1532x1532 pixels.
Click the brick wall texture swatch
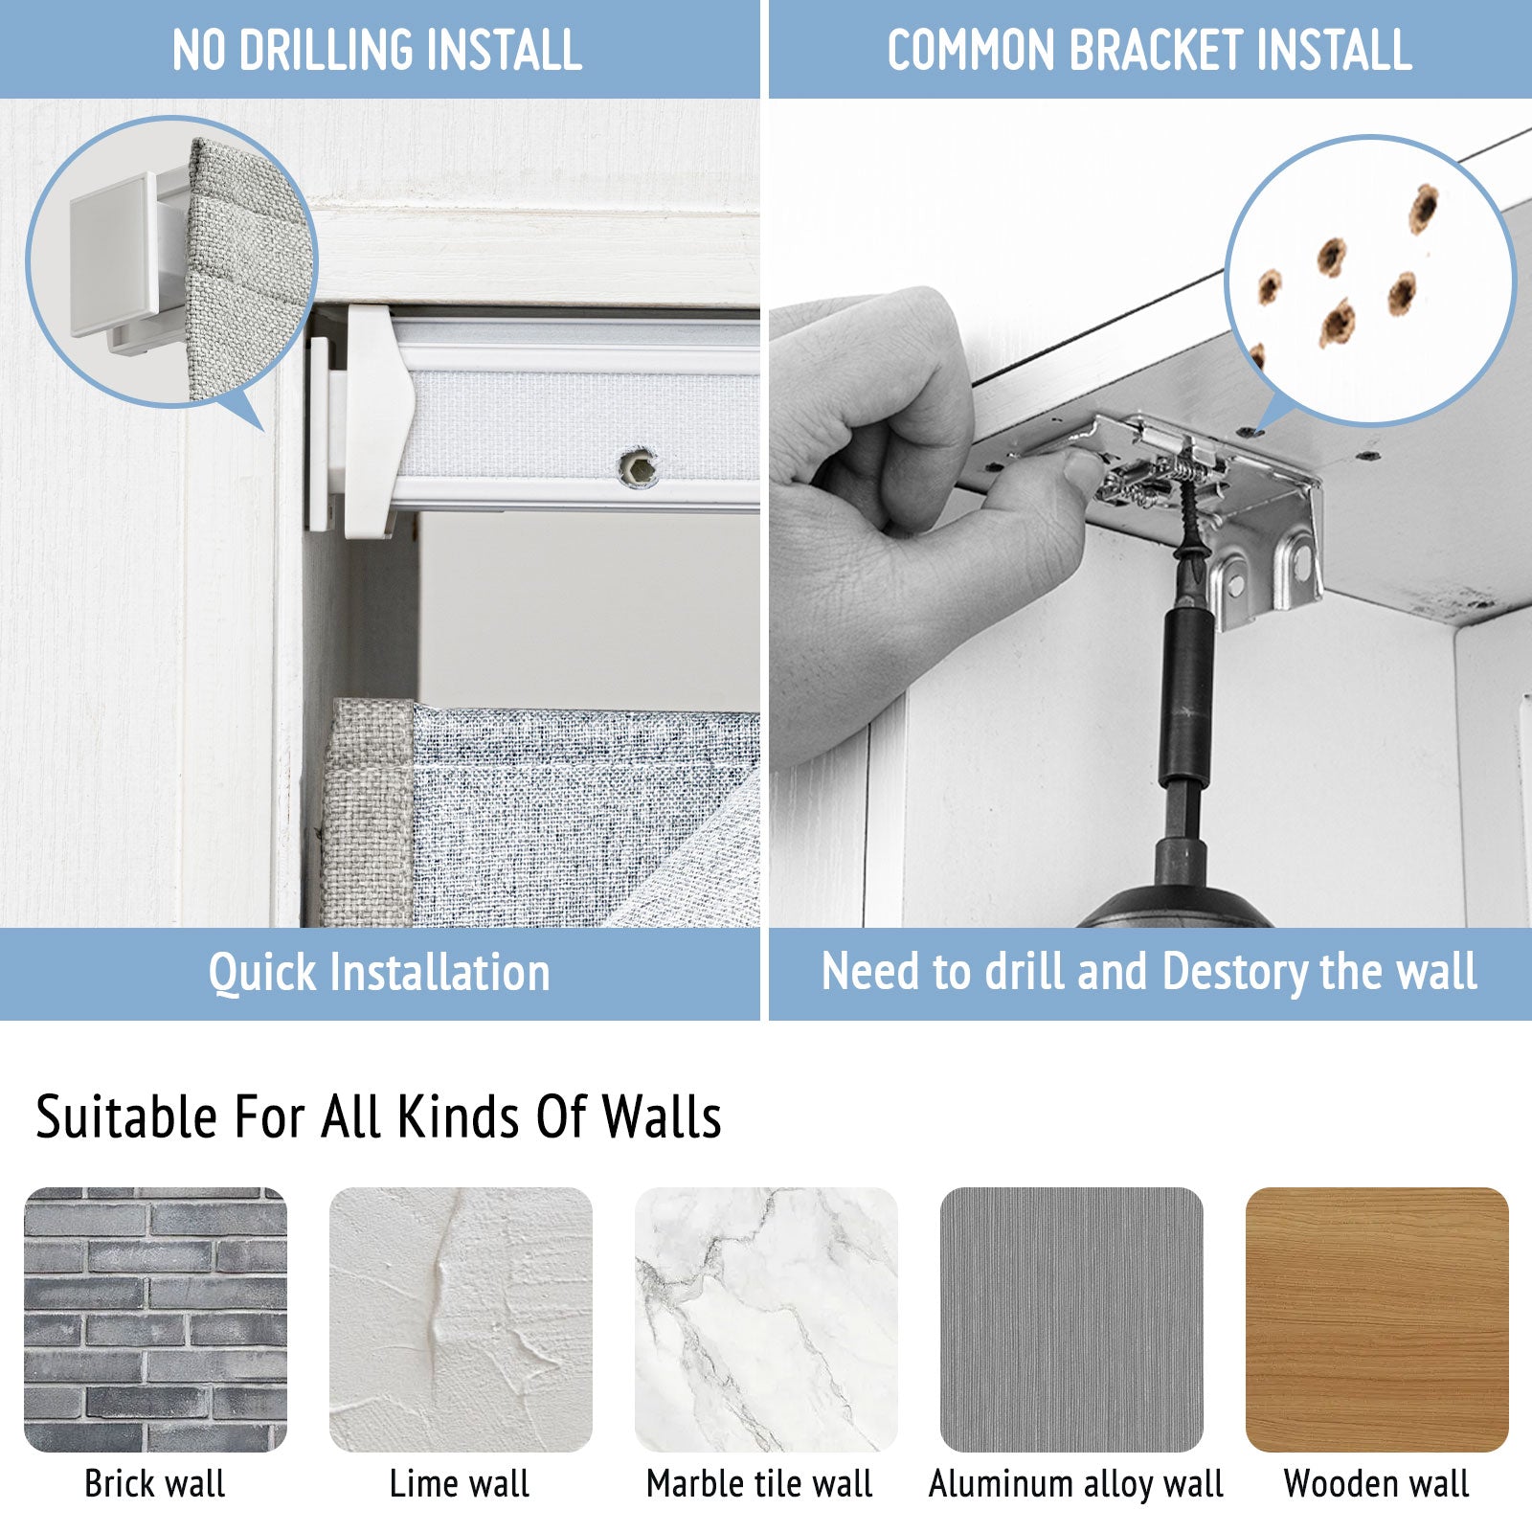(x=155, y=1319)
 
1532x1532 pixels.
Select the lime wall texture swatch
(x=461, y=1319)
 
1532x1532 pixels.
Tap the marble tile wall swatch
(x=766, y=1319)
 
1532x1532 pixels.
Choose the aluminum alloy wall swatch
(x=1071, y=1319)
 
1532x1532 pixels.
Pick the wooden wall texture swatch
(x=1377, y=1319)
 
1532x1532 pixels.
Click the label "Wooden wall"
(x=1376, y=1483)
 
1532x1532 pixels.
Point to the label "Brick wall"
(x=155, y=1483)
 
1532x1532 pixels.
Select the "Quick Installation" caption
(x=379, y=973)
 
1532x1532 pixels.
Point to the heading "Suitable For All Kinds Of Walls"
(x=378, y=1116)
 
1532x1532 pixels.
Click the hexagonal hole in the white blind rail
(x=637, y=466)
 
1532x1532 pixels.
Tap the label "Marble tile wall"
(x=759, y=1483)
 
